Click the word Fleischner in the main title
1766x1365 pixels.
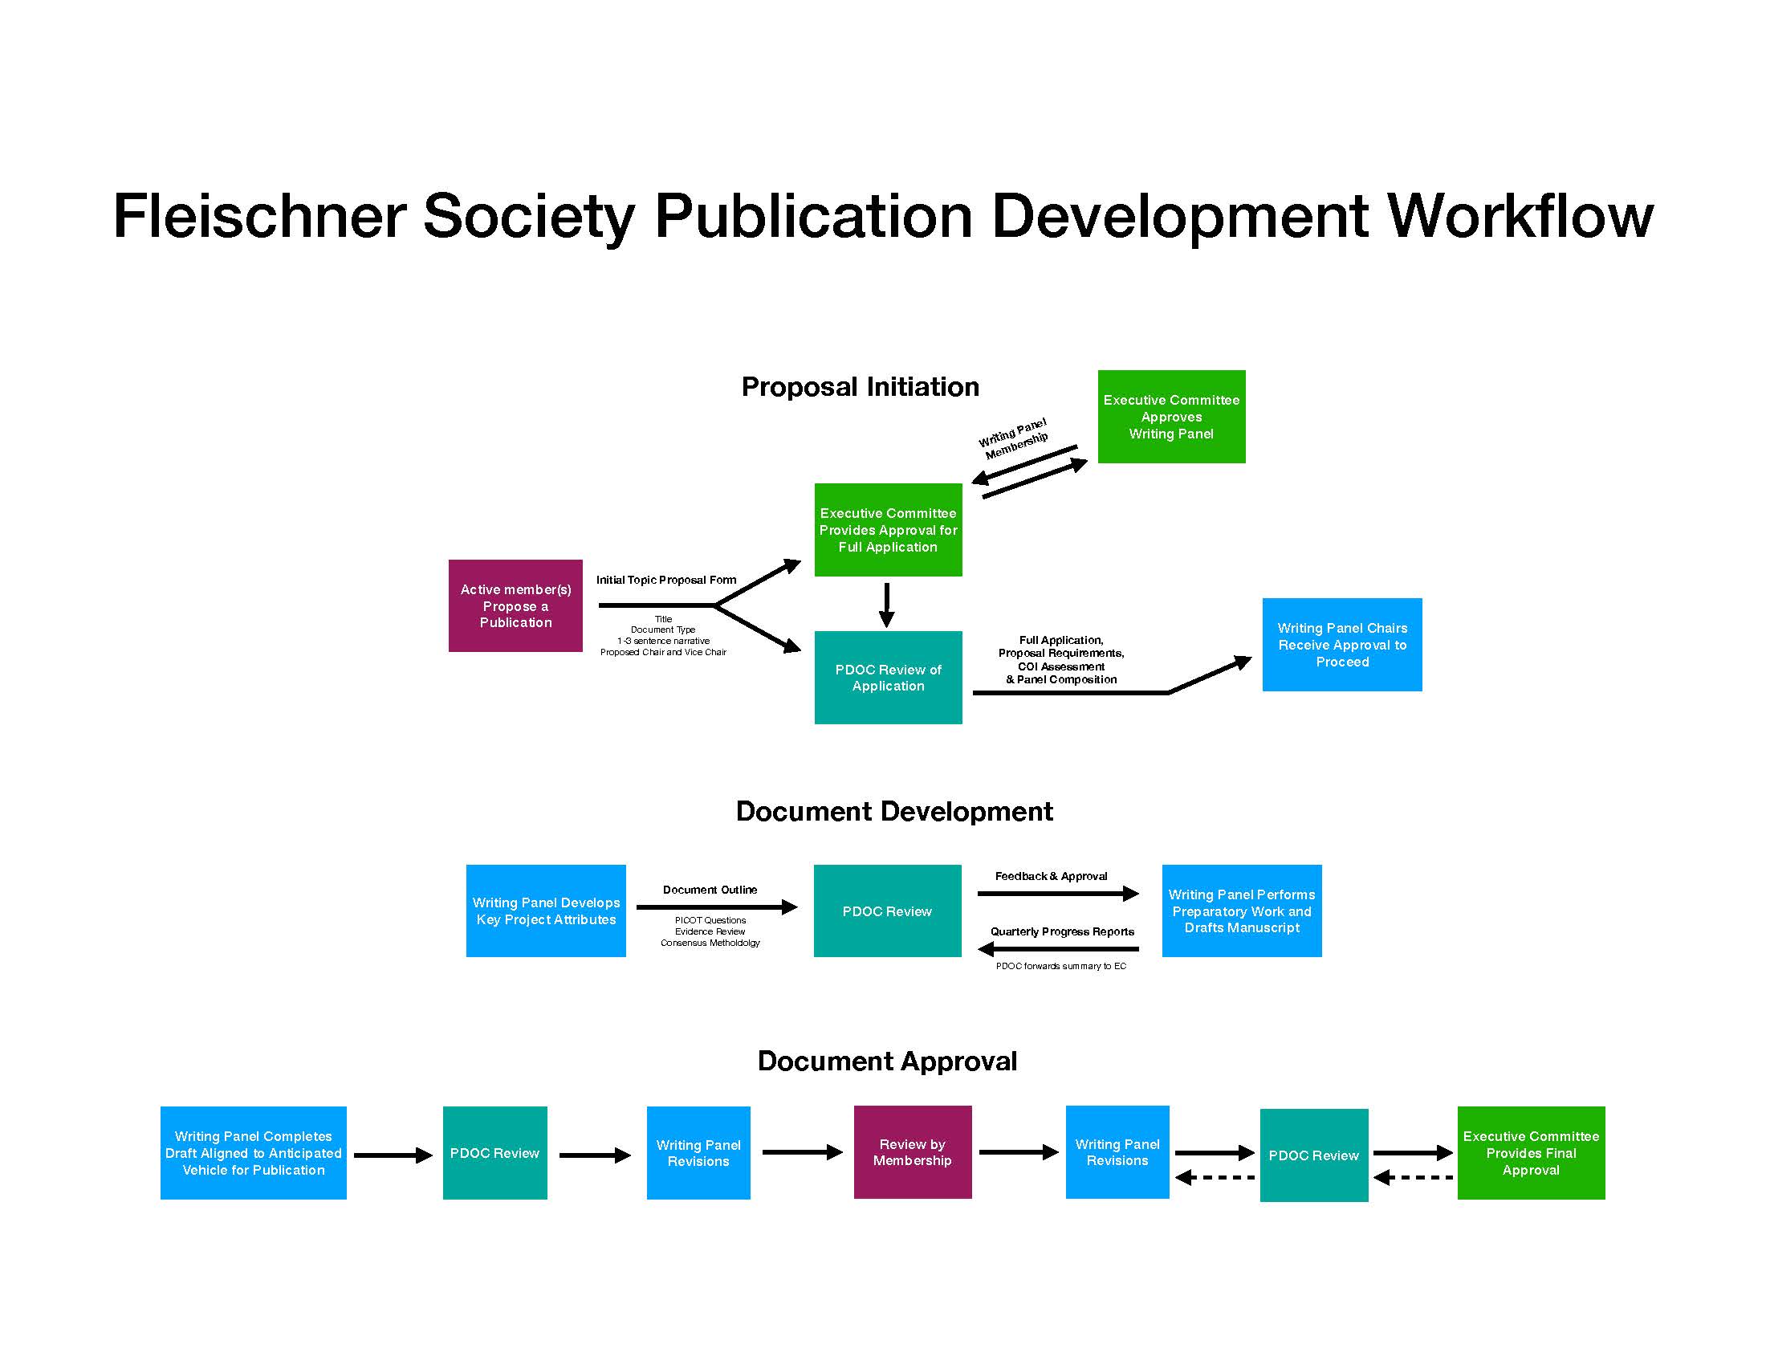pyautogui.click(x=259, y=216)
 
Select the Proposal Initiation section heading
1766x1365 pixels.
pyautogui.click(x=860, y=386)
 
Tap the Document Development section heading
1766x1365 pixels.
pyautogui.click(x=894, y=811)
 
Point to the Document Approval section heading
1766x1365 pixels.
pyautogui.click(x=887, y=1061)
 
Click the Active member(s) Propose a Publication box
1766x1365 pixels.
pyautogui.click(x=515, y=605)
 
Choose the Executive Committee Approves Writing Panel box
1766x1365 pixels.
pyautogui.click(x=1172, y=417)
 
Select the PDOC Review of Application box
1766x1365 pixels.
pyautogui.click(x=888, y=678)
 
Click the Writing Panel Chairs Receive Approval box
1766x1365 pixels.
pyautogui.click(x=1342, y=645)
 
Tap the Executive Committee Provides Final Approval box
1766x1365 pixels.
pyautogui.click(x=1531, y=1153)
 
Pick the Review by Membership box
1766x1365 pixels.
pyautogui.click(x=913, y=1152)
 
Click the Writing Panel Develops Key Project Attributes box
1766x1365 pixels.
pyautogui.click(x=546, y=911)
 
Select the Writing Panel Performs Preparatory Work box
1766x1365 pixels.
pyautogui.click(x=1242, y=911)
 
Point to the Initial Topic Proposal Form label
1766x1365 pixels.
pyautogui.click(x=666, y=580)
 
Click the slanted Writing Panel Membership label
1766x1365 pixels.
pyautogui.click(x=1014, y=438)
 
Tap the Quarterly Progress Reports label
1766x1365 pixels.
pyautogui.click(x=1063, y=931)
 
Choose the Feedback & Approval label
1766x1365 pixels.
pyautogui.click(x=1052, y=876)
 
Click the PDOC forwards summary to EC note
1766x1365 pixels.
pyautogui.click(x=1061, y=966)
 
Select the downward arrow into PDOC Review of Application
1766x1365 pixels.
pyautogui.click(x=887, y=605)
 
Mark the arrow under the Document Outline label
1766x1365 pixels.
pyautogui.click(x=717, y=907)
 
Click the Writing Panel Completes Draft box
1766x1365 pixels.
pyautogui.click(x=253, y=1153)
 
